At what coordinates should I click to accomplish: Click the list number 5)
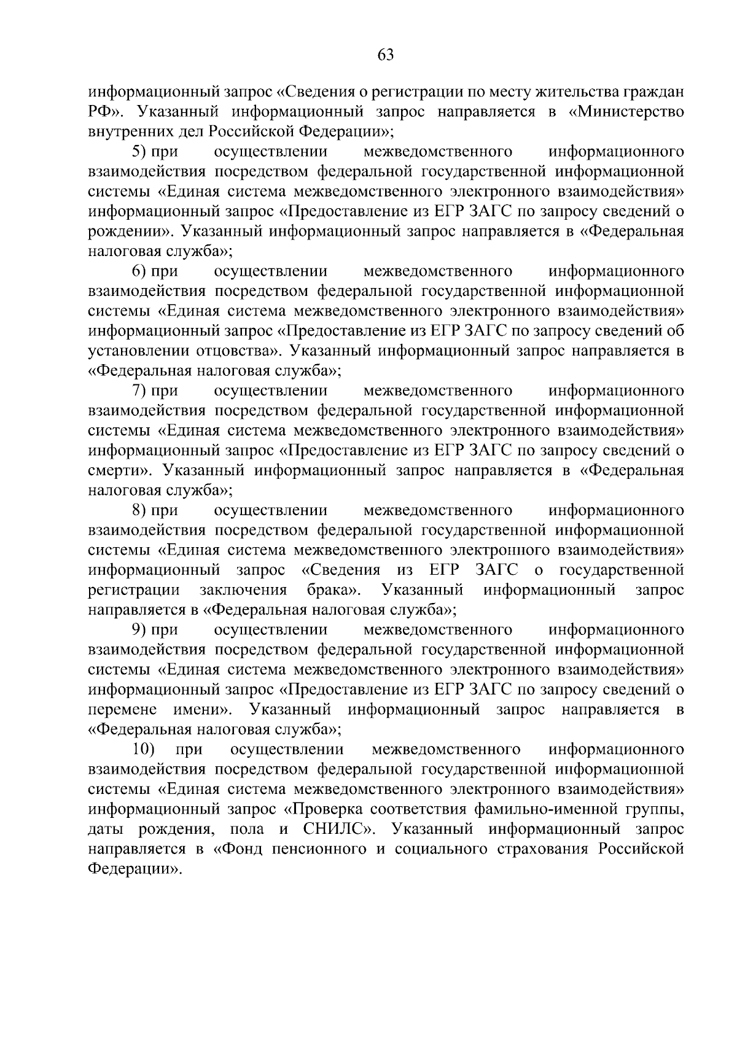(141, 152)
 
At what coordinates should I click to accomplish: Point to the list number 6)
(141, 271)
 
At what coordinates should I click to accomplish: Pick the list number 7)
(141, 391)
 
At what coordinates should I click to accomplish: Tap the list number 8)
(141, 511)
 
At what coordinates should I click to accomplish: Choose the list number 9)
(141, 631)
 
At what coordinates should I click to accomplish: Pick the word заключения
(243, 591)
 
